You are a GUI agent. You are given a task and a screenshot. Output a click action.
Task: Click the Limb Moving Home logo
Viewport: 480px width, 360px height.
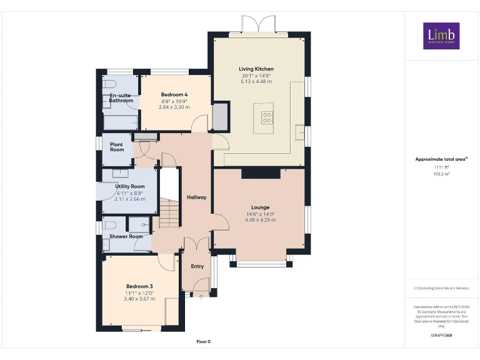[441, 36]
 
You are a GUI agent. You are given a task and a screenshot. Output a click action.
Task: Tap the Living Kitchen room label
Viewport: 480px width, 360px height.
[256, 69]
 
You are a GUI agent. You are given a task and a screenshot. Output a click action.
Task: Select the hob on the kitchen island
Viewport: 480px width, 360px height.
[267, 116]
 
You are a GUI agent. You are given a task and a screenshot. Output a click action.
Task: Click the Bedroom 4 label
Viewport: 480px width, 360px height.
[174, 94]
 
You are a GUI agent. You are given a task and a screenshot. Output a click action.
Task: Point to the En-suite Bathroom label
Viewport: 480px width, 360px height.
[121, 97]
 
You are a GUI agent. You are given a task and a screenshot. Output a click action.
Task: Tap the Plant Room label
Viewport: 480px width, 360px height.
[117, 147]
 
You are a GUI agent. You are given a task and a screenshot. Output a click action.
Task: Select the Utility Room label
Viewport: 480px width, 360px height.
[129, 186]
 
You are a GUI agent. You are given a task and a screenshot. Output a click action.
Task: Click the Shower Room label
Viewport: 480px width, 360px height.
[126, 236]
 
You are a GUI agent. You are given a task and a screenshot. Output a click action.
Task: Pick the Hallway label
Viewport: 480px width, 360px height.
[196, 197]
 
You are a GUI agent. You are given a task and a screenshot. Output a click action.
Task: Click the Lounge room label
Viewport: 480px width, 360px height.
[260, 207]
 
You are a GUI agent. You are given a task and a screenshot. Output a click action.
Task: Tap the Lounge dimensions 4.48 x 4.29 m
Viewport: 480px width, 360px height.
[260, 220]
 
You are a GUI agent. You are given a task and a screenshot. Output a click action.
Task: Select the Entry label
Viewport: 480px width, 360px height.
[197, 266]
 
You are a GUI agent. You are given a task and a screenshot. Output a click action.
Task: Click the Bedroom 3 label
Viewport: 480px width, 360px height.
[138, 286]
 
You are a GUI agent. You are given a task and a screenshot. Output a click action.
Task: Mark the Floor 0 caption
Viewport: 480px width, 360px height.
[204, 342]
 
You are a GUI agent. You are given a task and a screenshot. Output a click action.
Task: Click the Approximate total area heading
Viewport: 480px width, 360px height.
[441, 159]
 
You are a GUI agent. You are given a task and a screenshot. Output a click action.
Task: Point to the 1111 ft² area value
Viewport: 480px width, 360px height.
[441, 167]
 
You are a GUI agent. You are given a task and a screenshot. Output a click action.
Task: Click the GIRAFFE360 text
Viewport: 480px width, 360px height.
[441, 336]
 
